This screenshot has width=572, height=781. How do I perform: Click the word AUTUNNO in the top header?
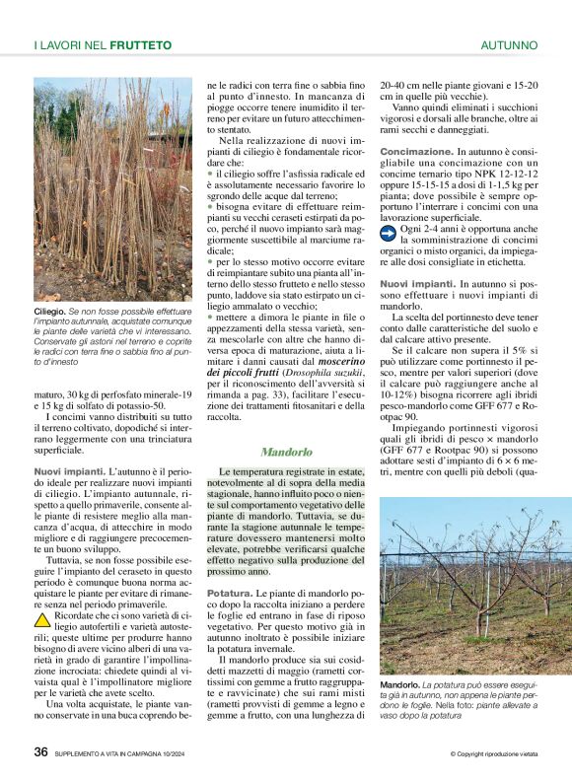click(x=509, y=45)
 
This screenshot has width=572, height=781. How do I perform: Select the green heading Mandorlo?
click(x=286, y=453)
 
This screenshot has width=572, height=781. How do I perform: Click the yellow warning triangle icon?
click(x=42, y=620)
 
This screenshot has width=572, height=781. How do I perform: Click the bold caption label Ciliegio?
click(x=49, y=311)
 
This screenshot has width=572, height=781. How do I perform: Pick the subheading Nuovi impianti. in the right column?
click(x=415, y=284)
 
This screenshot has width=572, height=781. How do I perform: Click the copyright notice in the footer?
click(x=493, y=754)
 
